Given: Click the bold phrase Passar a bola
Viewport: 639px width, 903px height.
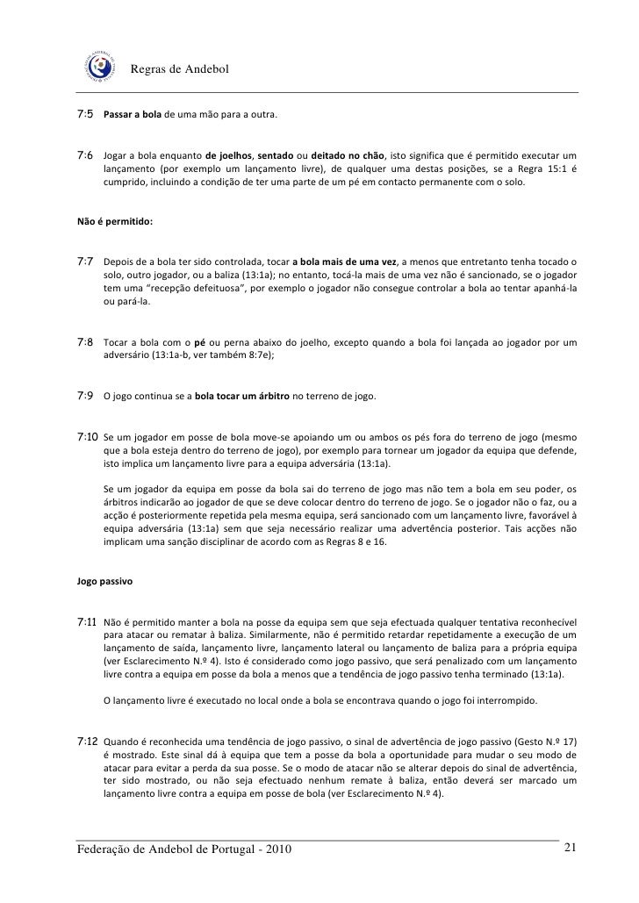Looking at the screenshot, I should [133, 116].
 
